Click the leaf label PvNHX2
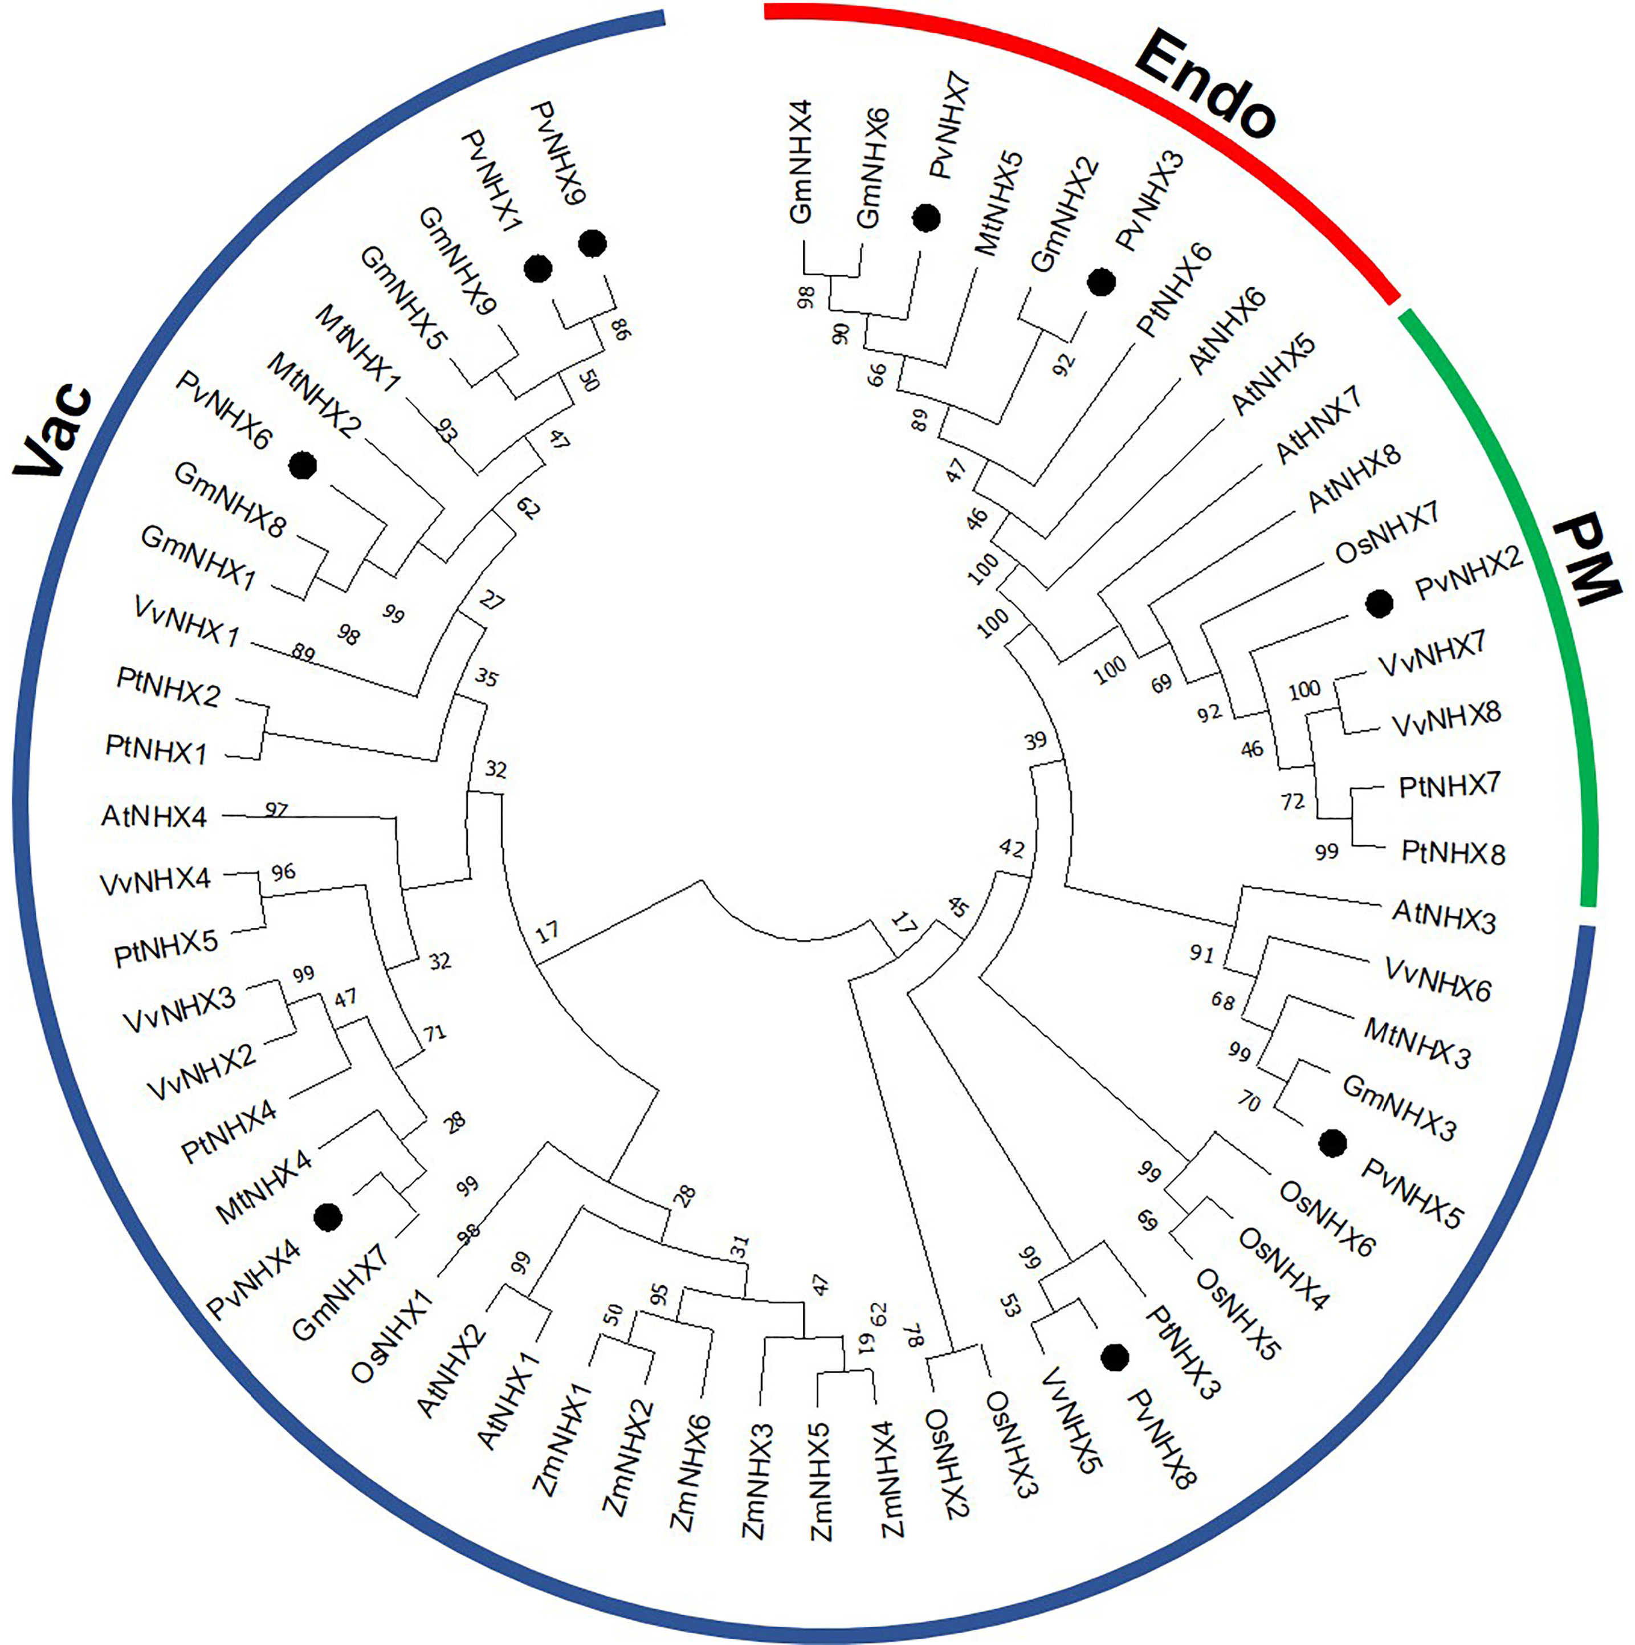point(1467,576)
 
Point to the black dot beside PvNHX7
point(926,218)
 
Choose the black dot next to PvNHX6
point(303,465)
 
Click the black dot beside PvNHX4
point(328,1218)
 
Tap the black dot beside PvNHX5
point(1332,1143)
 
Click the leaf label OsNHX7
point(1387,533)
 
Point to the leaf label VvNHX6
point(1438,979)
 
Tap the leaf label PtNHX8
point(1453,852)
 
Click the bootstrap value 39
point(1035,741)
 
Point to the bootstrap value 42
point(1012,848)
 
